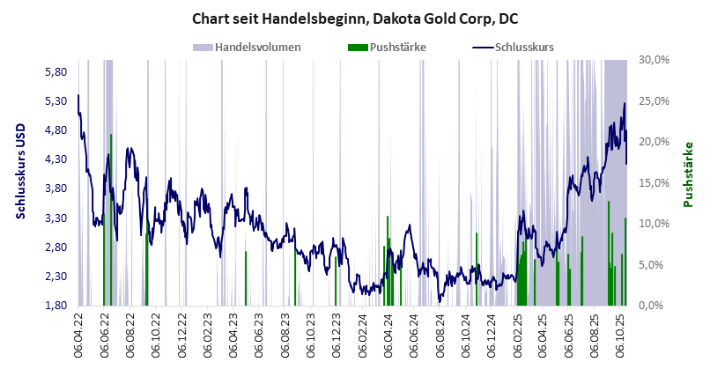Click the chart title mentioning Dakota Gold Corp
354,18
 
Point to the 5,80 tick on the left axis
56,71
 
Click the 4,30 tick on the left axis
56,159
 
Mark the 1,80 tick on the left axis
56,306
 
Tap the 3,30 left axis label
56,218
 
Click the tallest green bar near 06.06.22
111,220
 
